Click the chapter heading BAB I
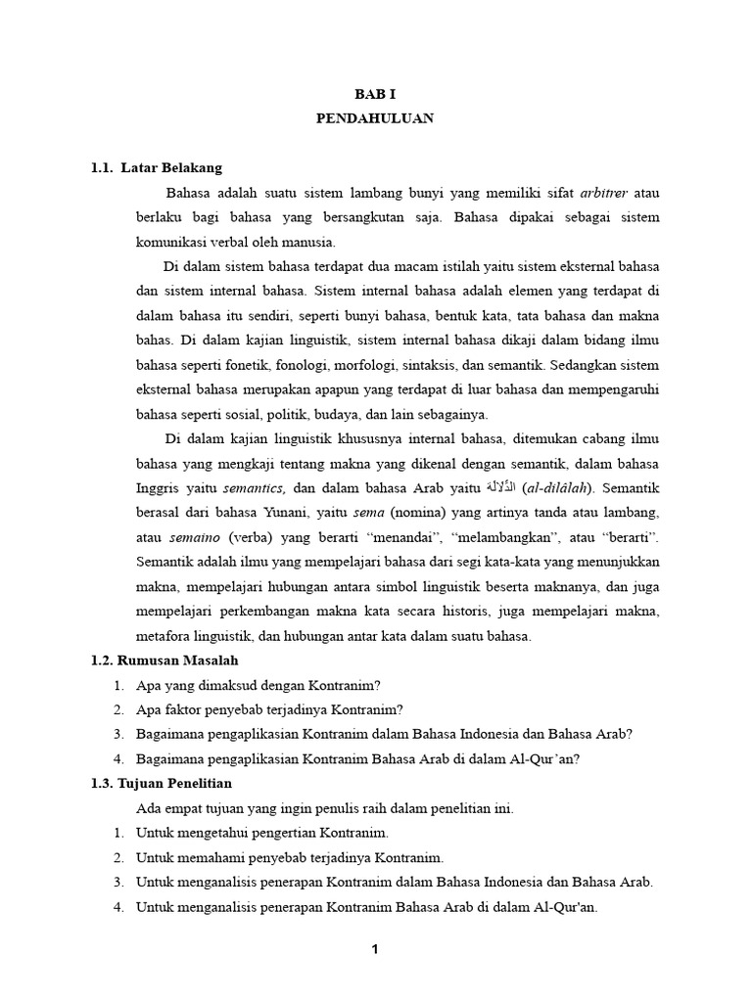[x=375, y=94]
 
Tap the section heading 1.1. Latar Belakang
[x=157, y=168]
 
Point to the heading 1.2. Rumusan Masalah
[x=164, y=660]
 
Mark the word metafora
[x=164, y=636]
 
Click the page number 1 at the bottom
[x=375, y=949]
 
